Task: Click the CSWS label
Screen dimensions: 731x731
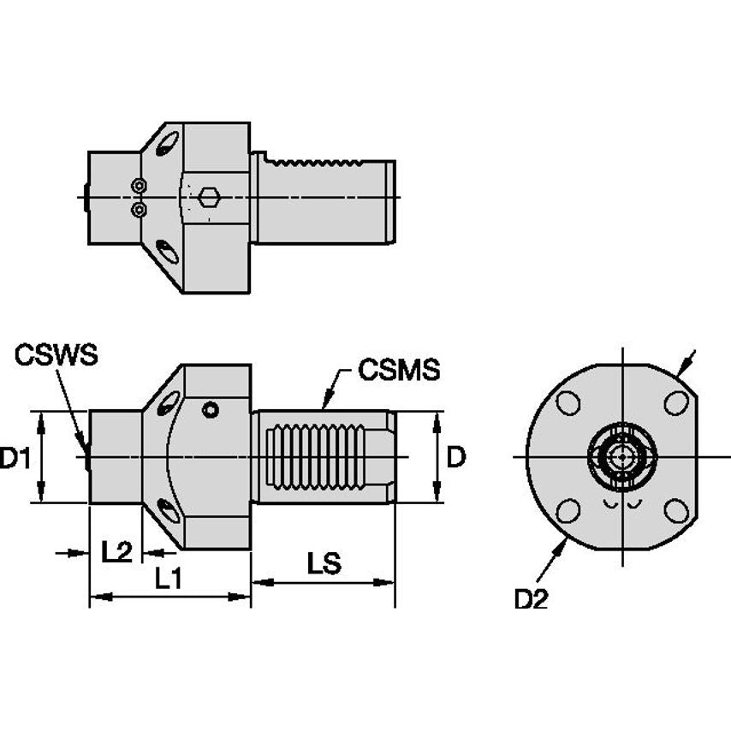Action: (x=56, y=354)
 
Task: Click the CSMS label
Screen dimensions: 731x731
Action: (x=398, y=370)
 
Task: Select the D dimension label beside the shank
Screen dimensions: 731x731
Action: (x=456, y=458)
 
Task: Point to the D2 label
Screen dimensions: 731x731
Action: (x=530, y=600)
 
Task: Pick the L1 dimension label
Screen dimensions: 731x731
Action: (x=168, y=579)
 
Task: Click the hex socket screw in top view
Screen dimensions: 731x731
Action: (x=208, y=198)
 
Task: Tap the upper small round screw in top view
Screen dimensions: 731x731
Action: (x=139, y=186)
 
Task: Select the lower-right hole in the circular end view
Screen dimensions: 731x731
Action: (x=676, y=511)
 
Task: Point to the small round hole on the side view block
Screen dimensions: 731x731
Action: (x=210, y=411)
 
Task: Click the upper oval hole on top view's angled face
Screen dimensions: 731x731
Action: (x=169, y=143)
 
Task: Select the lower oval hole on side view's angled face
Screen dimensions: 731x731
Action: (x=169, y=512)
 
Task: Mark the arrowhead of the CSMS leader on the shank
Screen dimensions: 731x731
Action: (x=324, y=407)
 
